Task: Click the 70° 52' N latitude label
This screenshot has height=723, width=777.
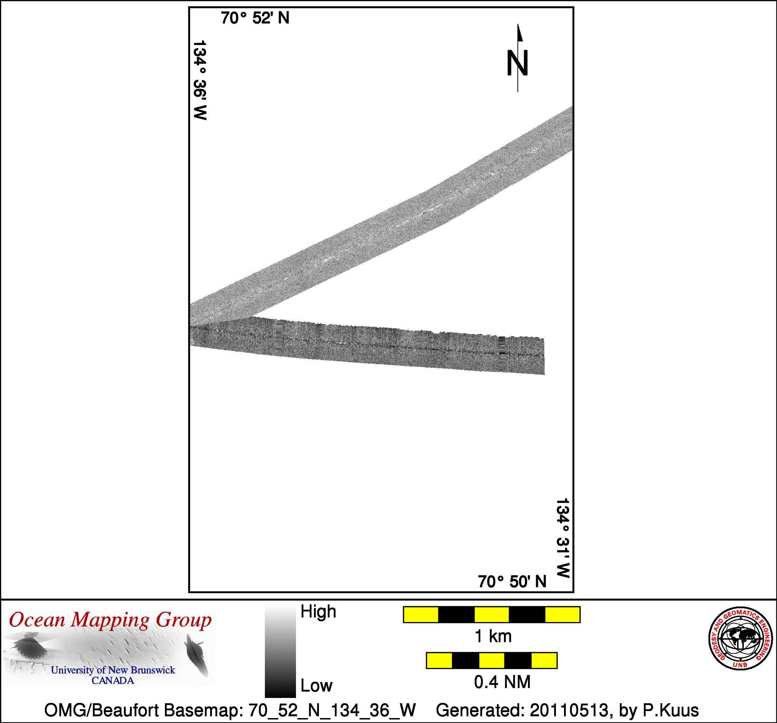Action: [255, 18]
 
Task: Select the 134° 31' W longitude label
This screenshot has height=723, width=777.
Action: [563, 538]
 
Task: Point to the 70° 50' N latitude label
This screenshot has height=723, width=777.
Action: [512, 581]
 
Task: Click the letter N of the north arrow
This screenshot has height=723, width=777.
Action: [517, 63]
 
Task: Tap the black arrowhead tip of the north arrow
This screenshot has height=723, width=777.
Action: [518, 24]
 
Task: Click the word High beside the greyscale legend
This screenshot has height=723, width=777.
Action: [318, 612]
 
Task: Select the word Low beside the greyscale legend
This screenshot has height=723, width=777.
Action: [316, 686]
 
